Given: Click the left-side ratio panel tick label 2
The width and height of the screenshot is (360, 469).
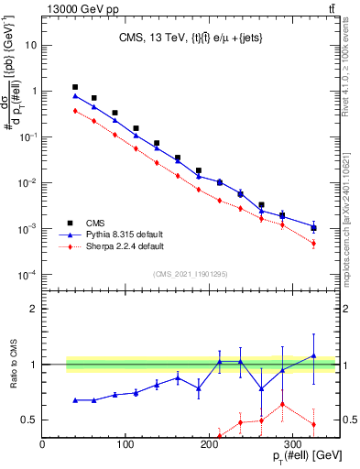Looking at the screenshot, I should (32, 309).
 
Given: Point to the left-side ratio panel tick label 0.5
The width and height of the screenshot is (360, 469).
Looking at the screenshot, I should (27, 420).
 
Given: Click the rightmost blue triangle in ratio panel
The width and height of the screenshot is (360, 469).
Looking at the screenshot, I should (313, 355).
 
